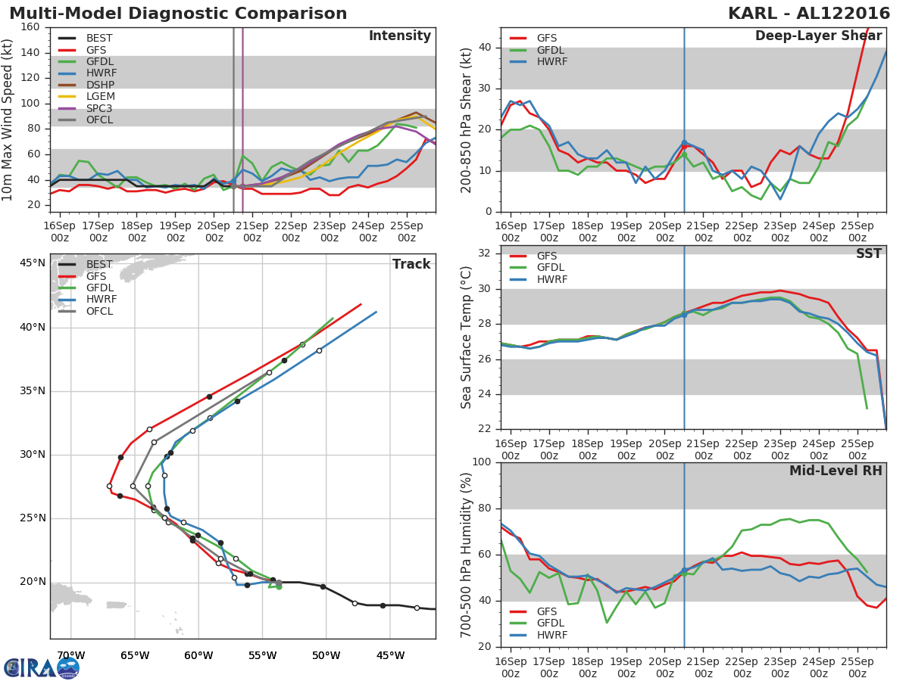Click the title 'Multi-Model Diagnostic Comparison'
pos(178,14)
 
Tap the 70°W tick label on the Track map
pos(70,655)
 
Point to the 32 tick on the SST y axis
pos(484,253)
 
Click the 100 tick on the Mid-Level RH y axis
pos(480,462)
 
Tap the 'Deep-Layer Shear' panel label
pos(818,36)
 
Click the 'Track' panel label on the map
pos(411,264)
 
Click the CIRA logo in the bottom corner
pos(42,667)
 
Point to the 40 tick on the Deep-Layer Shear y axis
pos(484,48)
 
